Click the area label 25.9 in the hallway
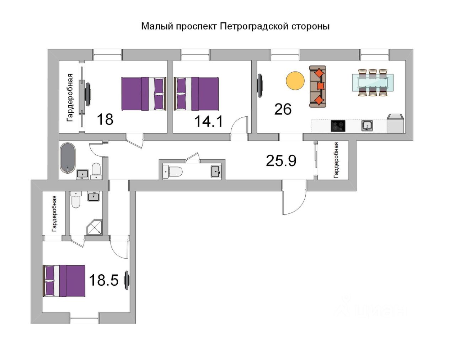click(281, 161)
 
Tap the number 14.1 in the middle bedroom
click(208, 121)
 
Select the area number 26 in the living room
click(283, 109)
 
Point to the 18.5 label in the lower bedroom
click(103, 280)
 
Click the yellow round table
click(295, 81)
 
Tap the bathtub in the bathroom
click(67, 158)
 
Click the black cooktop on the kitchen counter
click(338, 126)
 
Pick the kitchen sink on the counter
click(367, 126)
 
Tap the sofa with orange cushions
click(317, 86)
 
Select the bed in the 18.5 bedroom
click(64, 281)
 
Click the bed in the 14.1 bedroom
click(196, 94)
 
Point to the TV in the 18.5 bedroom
click(127, 280)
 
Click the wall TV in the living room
click(260, 85)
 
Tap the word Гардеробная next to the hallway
click(336, 160)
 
